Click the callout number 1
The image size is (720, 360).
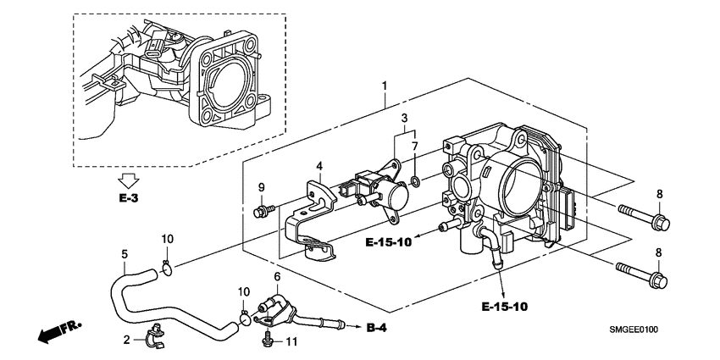click(385, 86)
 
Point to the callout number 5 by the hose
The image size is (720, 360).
click(125, 253)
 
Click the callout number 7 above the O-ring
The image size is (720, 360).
click(415, 147)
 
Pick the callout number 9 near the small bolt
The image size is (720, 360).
click(262, 187)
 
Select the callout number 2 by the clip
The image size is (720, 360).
click(128, 341)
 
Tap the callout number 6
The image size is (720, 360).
click(276, 277)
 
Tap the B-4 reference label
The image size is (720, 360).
click(378, 328)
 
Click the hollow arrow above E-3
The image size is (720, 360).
click(129, 180)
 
